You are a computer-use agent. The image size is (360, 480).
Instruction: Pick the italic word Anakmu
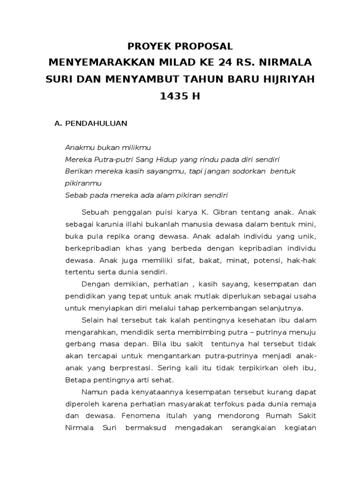tap(78, 147)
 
